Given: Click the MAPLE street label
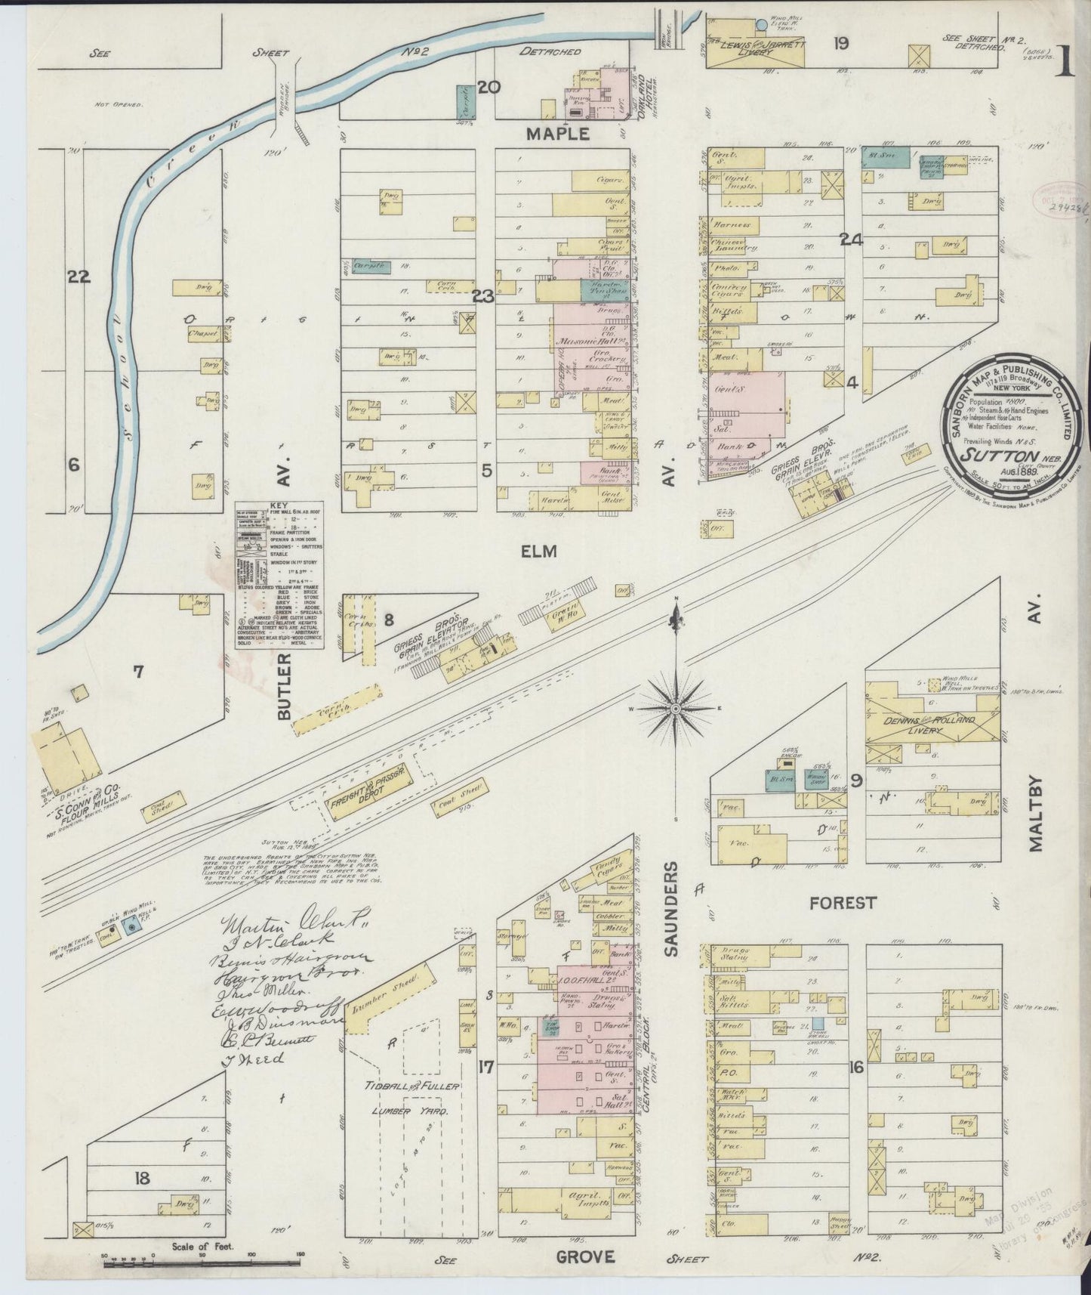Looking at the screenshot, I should tap(557, 134).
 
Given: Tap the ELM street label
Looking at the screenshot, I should tap(538, 552).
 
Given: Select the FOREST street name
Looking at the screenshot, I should tap(843, 902).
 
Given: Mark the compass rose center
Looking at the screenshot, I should tap(676, 709).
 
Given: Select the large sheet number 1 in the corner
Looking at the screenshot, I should tap(1066, 57).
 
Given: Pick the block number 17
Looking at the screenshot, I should tap(486, 1068).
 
